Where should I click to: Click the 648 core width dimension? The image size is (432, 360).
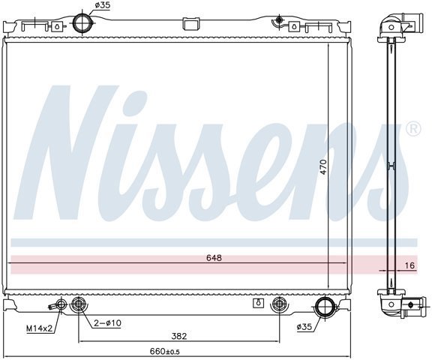coord(214,258)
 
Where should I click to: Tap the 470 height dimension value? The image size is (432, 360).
coord(324,166)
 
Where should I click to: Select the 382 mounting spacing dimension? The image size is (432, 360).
coord(179,336)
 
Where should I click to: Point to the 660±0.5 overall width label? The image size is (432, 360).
coord(165,351)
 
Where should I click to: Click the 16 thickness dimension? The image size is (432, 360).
coord(410,265)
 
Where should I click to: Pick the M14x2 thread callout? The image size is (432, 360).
coord(39,328)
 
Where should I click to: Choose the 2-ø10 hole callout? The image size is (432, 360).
coord(107,322)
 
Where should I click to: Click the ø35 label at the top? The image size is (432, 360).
coord(103,5)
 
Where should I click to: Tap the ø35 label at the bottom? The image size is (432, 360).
coord(304,327)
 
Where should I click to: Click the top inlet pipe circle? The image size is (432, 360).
coord(83,22)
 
